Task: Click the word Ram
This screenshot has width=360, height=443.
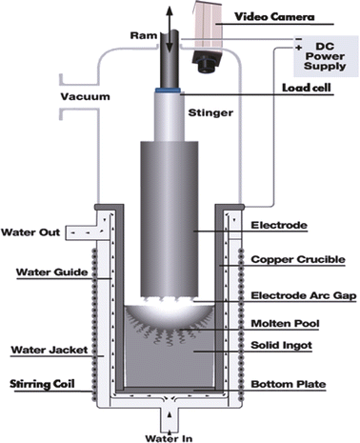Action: click(x=141, y=36)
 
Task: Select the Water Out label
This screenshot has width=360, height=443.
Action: click(x=31, y=232)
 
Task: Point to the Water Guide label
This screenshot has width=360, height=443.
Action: click(x=40, y=272)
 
